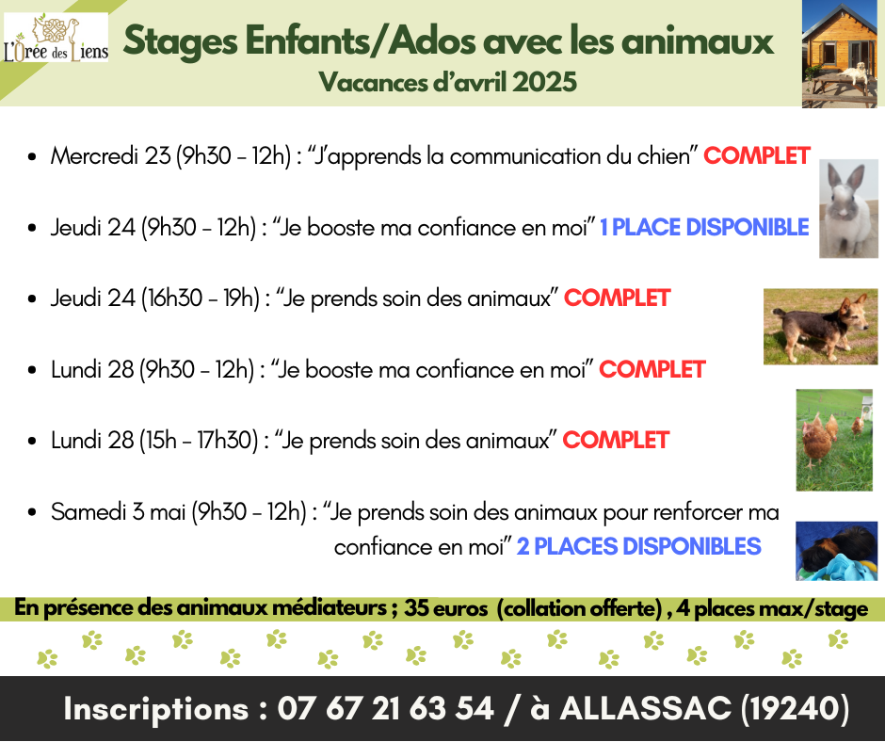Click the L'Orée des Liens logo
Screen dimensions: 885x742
click(x=56, y=38)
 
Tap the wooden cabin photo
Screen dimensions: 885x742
click(x=840, y=54)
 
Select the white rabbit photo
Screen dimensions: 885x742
click(x=848, y=209)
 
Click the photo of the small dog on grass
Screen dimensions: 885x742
click(x=820, y=327)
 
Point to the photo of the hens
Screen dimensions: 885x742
click(x=834, y=440)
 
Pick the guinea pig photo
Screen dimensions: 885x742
click(x=836, y=551)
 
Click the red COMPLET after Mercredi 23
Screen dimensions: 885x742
click(x=757, y=156)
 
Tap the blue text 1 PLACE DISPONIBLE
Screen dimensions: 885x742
click(x=704, y=228)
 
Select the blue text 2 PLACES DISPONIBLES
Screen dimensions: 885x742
click(x=639, y=547)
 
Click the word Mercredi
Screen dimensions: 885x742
click(x=94, y=156)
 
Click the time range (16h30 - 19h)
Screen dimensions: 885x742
click(x=201, y=298)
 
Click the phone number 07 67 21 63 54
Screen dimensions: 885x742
click(x=385, y=709)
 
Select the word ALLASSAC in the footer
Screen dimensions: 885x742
click(x=645, y=709)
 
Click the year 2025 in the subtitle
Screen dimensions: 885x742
click(x=545, y=83)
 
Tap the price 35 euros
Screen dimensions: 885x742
click(x=446, y=608)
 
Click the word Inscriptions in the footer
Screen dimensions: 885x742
click(x=155, y=709)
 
